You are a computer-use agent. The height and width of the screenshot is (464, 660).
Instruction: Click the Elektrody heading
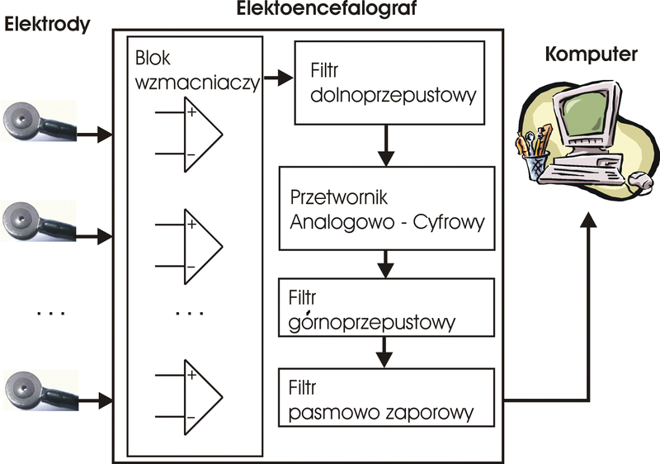pos(46,26)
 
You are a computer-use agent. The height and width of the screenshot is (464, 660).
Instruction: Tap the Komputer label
pos(591,56)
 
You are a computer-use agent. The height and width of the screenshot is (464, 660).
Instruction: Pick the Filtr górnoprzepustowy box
pos(387,310)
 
